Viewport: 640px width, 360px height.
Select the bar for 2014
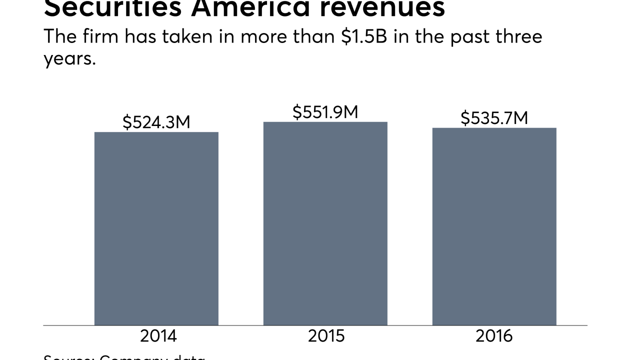point(156,228)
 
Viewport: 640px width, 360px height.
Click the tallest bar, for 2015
point(325,223)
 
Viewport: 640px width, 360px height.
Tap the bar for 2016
point(494,226)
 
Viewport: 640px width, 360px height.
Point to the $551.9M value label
point(325,112)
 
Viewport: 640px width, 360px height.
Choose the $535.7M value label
point(494,118)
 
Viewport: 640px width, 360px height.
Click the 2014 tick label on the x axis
point(158,336)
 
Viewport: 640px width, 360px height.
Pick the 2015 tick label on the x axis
point(326,336)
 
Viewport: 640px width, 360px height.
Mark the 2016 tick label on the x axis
point(494,336)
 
